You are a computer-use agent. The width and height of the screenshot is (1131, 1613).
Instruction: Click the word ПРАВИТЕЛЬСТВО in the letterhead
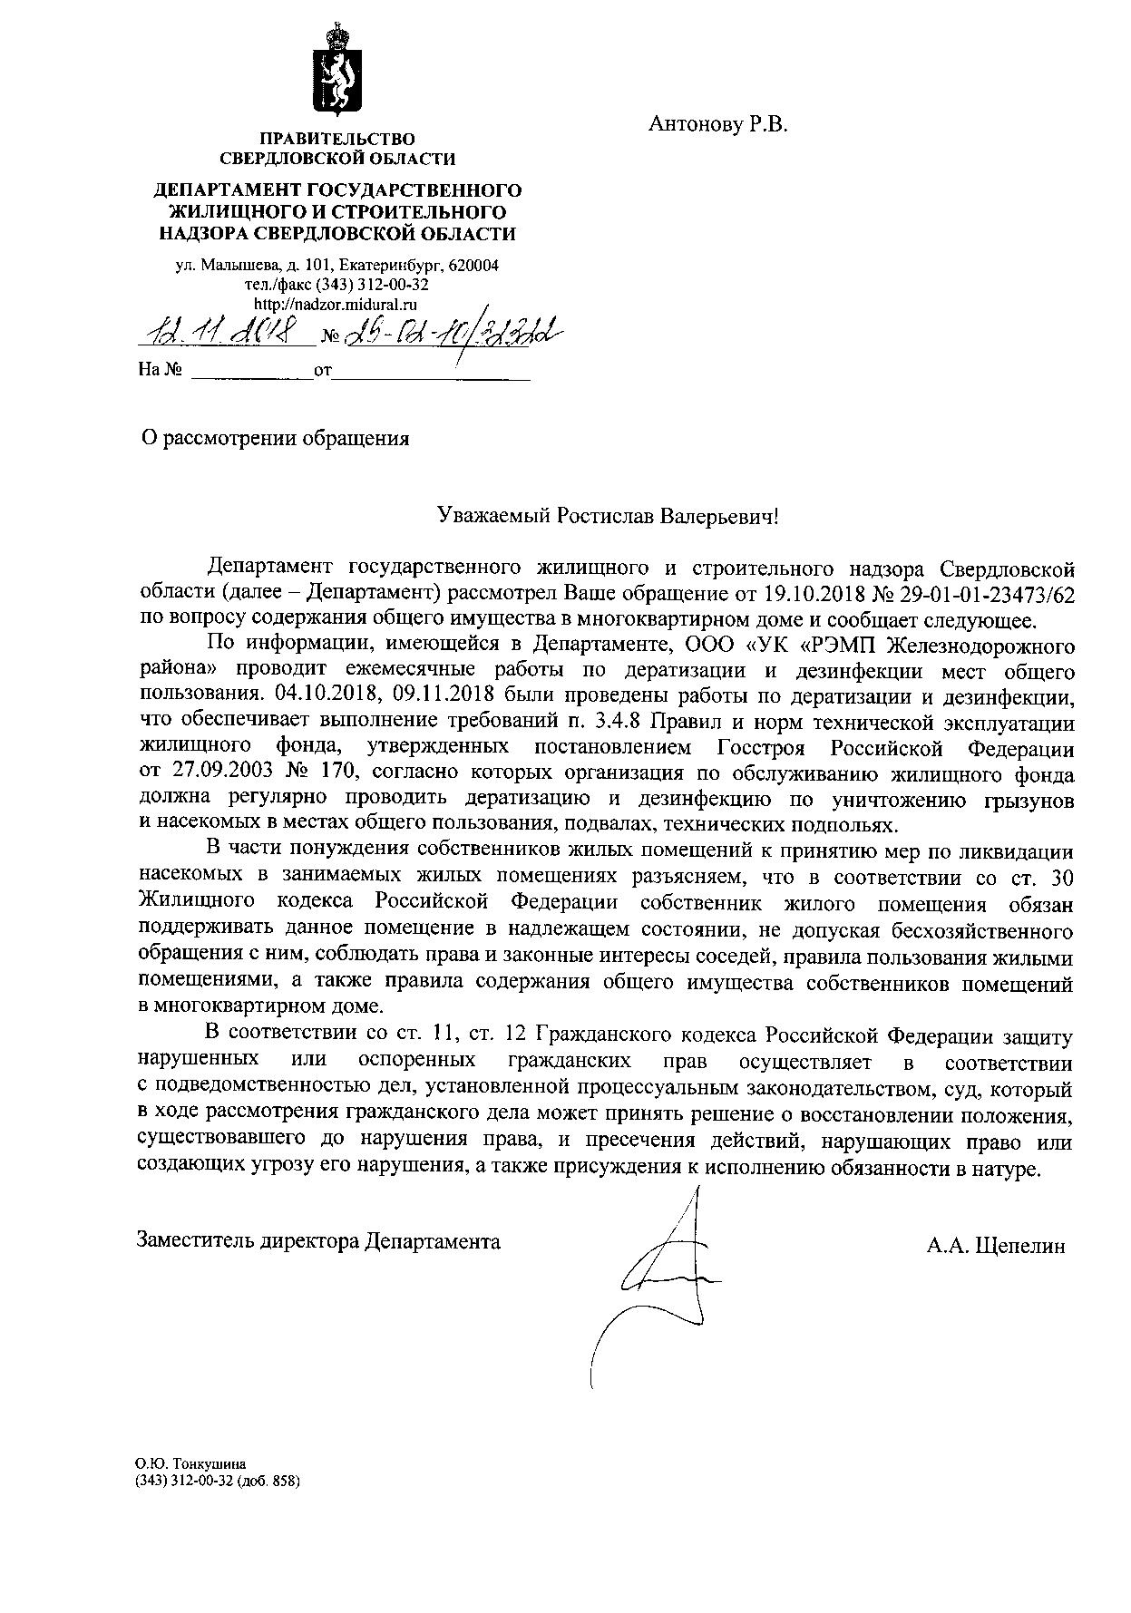(337, 139)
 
